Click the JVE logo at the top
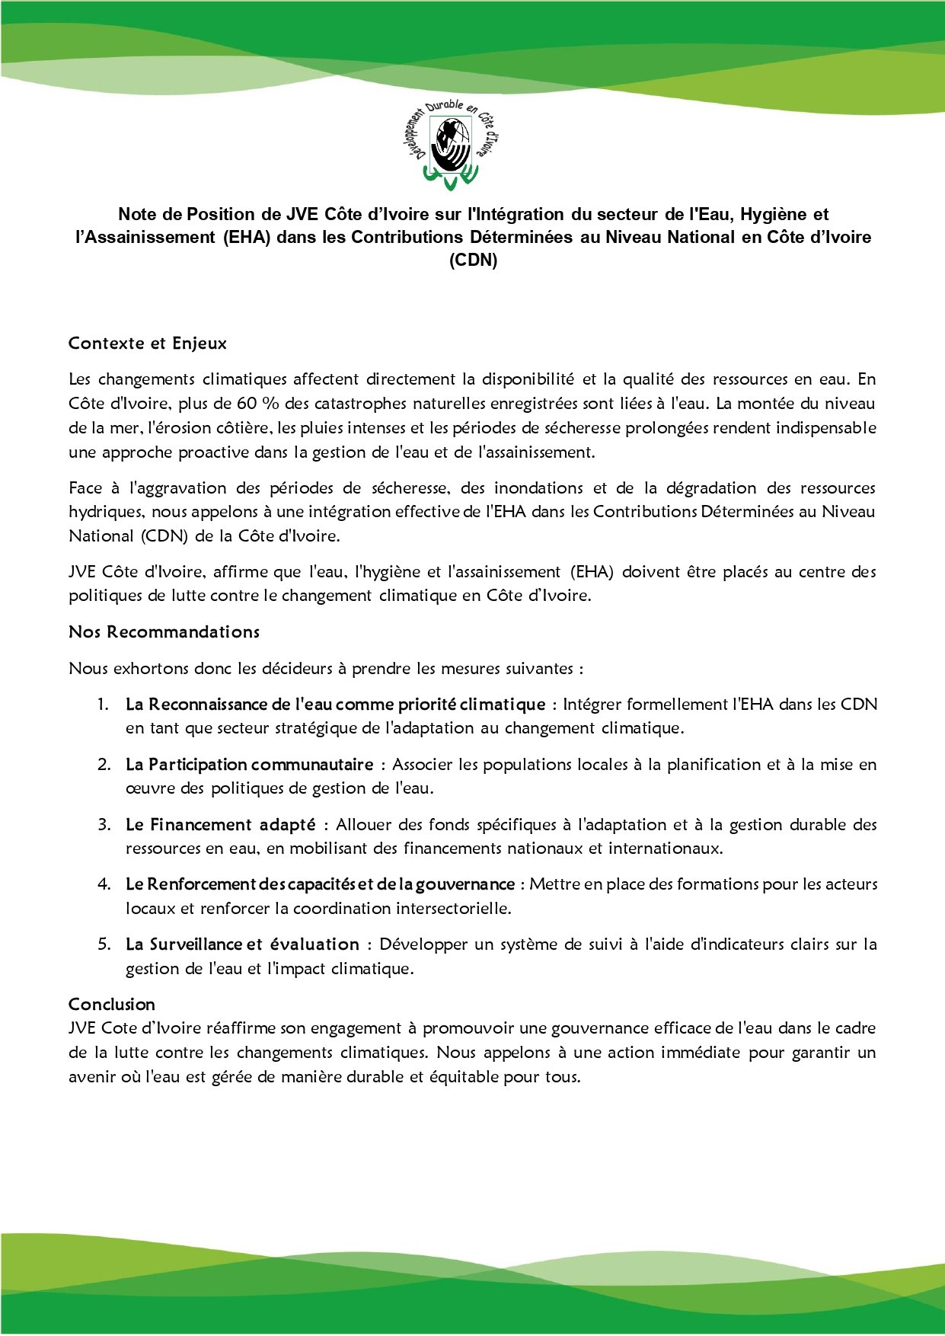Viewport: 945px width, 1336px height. [x=455, y=144]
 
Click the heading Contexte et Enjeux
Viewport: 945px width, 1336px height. [x=148, y=344]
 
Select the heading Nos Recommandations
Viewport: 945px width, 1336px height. [x=164, y=632]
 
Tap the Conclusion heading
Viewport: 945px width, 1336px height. [x=112, y=1004]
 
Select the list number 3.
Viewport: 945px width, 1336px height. [x=104, y=824]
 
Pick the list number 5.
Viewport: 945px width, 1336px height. [x=104, y=944]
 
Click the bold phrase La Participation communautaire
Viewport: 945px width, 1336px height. [x=250, y=765]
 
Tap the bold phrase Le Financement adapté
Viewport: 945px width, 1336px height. [x=221, y=824]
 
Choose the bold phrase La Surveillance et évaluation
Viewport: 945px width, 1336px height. [x=242, y=944]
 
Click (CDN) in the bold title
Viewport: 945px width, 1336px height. [x=473, y=260]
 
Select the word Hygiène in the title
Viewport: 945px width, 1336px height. [x=774, y=215]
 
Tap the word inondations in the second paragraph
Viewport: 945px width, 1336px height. [x=538, y=488]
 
